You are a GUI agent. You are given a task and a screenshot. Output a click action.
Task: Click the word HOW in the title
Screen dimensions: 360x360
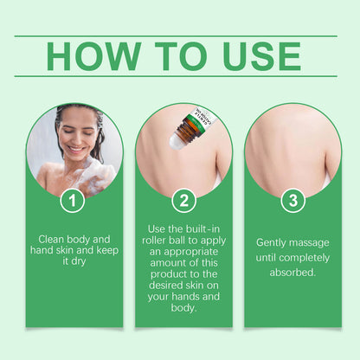(x=93, y=56)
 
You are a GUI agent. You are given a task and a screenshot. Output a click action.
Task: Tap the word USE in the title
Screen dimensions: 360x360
(x=261, y=56)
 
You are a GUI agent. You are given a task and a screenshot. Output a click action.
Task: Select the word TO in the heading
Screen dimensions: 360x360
(x=181, y=56)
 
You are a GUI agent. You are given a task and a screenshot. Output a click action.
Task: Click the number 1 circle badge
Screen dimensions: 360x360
(x=73, y=201)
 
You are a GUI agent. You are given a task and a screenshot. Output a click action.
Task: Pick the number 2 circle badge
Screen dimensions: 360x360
(x=183, y=201)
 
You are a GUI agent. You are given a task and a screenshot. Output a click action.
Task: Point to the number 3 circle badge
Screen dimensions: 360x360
(x=293, y=201)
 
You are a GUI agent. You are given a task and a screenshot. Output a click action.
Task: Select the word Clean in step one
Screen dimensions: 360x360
(x=51, y=240)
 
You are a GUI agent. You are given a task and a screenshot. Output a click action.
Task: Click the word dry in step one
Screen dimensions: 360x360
(x=79, y=261)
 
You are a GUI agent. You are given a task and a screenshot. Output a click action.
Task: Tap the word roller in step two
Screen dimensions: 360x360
(x=154, y=241)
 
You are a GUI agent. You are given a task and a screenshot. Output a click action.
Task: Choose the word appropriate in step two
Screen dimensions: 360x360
(x=190, y=252)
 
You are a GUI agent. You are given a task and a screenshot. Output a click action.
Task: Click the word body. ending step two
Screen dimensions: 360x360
(x=183, y=308)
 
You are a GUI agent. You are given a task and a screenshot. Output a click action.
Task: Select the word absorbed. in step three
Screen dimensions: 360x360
(x=292, y=273)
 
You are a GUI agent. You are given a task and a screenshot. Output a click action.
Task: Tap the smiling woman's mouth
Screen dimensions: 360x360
(x=76, y=150)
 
